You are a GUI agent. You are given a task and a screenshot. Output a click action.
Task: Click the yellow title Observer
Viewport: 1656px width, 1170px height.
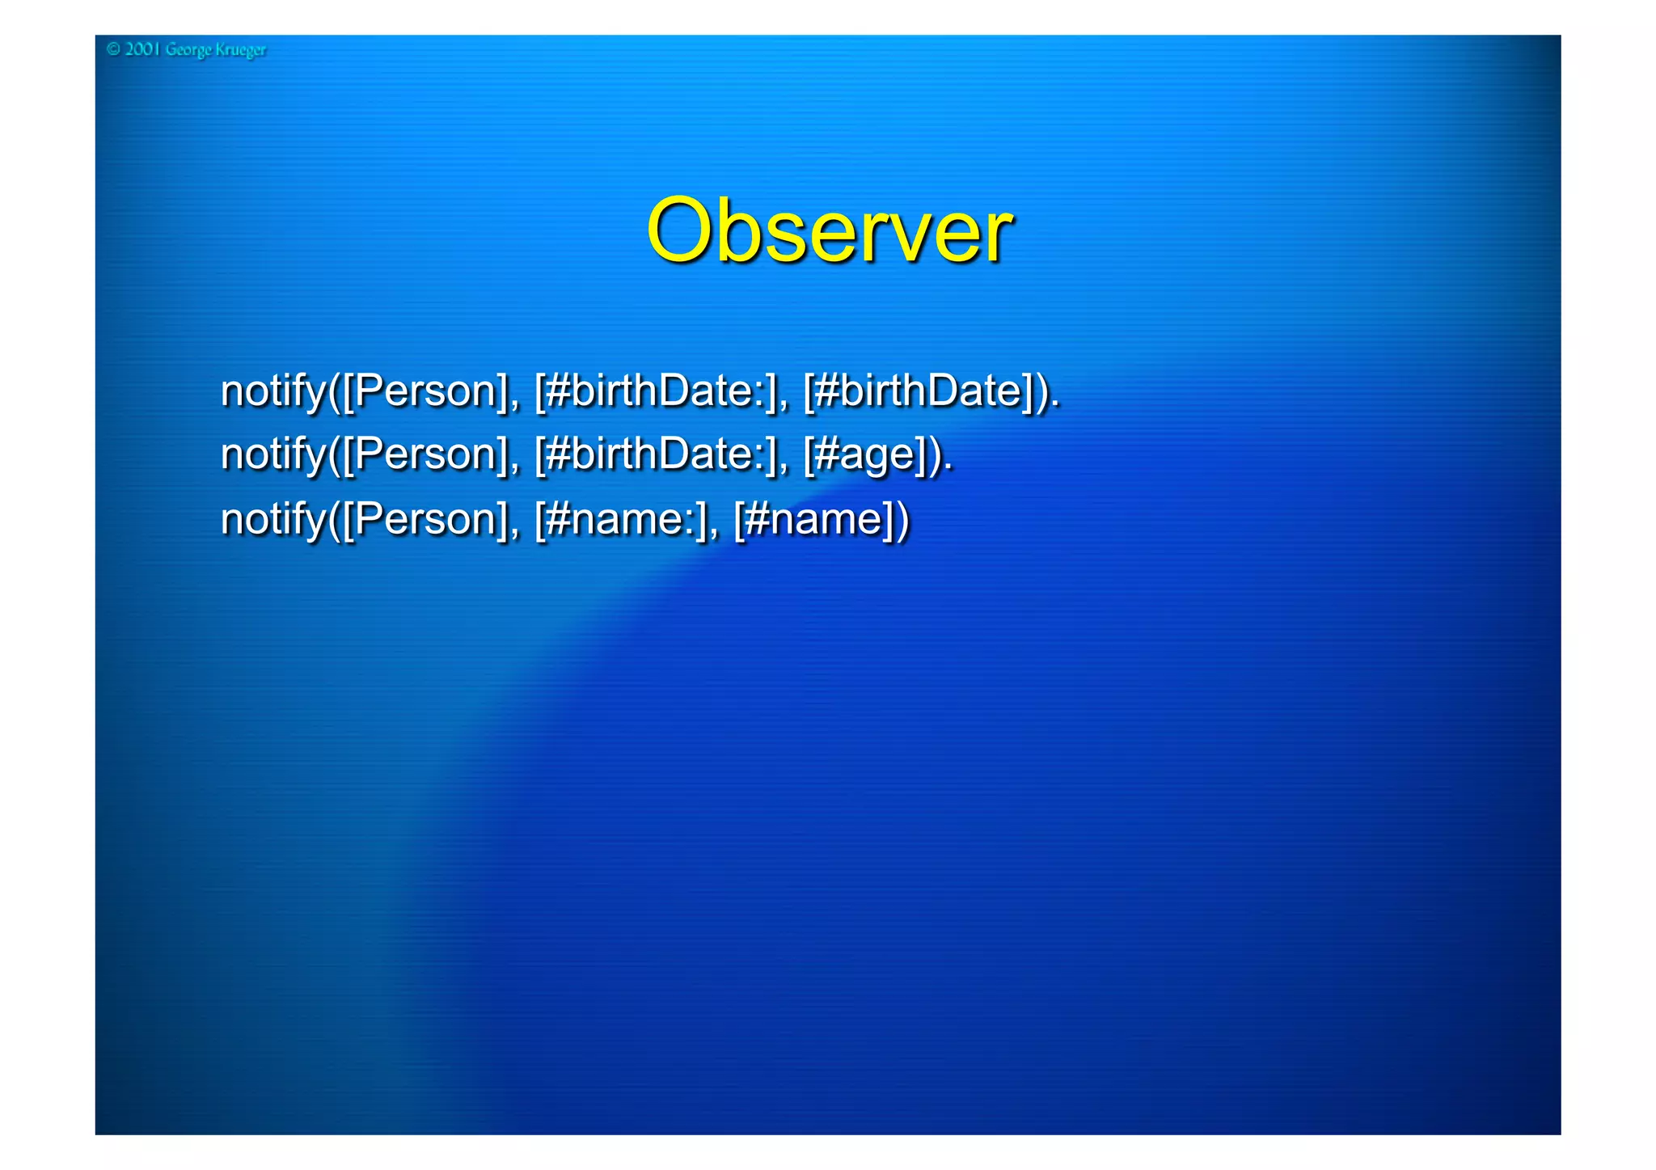coord(829,232)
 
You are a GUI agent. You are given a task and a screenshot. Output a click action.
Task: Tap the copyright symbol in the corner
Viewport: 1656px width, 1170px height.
coord(113,49)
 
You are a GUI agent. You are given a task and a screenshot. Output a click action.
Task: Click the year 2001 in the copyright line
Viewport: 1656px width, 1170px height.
coord(142,49)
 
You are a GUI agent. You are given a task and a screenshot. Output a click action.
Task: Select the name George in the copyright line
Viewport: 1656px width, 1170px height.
coord(189,50)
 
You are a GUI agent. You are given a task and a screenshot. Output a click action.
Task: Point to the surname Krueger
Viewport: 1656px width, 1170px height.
coord(240,50)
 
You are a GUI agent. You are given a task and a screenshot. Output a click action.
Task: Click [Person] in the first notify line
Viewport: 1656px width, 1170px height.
coord(425,391)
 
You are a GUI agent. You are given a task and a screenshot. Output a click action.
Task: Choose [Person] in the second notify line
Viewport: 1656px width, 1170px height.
coord(425,454)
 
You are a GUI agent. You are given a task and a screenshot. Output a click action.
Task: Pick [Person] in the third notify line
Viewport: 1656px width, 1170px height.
coord(425,519)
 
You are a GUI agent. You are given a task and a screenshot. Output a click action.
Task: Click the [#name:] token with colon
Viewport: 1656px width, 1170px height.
coord(620,519)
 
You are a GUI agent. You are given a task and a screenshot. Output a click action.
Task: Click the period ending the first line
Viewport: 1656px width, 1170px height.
coord(1055,403)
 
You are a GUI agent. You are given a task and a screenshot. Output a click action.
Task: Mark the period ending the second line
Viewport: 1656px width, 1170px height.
coord(948,467)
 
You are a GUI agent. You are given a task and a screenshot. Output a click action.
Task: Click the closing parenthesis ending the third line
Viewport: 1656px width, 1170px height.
coord(902,519)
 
